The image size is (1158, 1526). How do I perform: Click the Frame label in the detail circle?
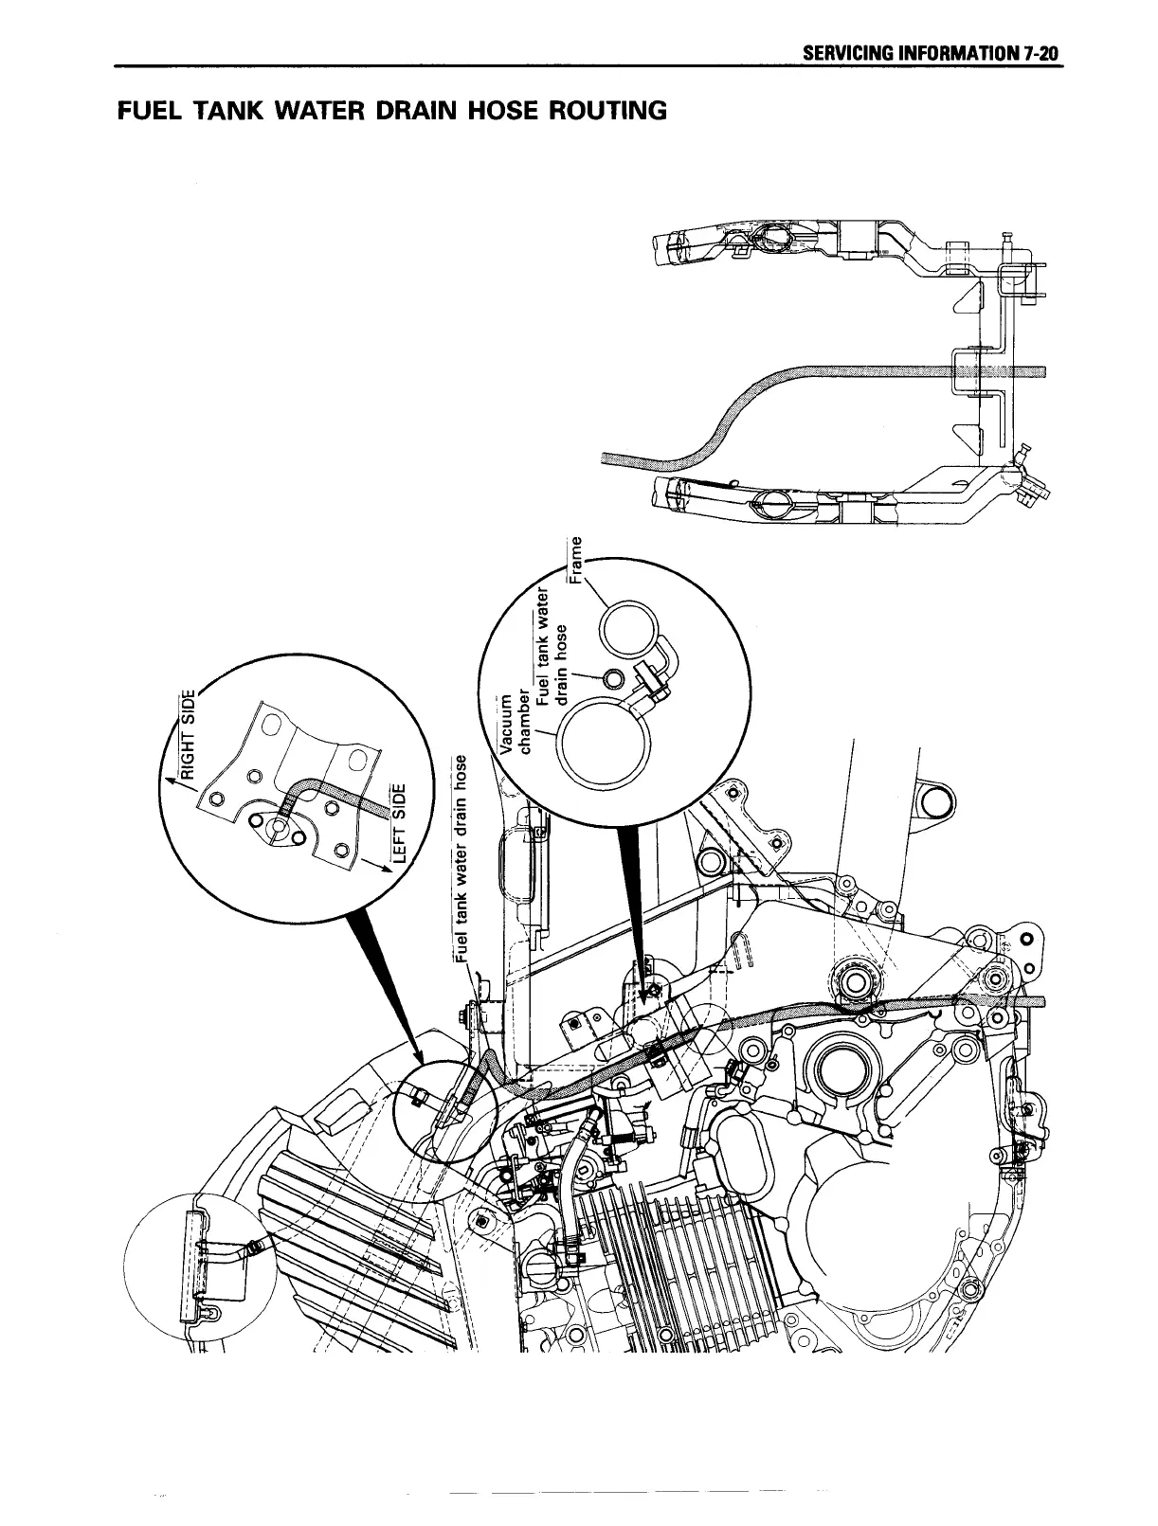[x=574, y=561]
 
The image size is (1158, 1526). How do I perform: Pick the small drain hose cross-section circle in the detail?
[x=614, y=677]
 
